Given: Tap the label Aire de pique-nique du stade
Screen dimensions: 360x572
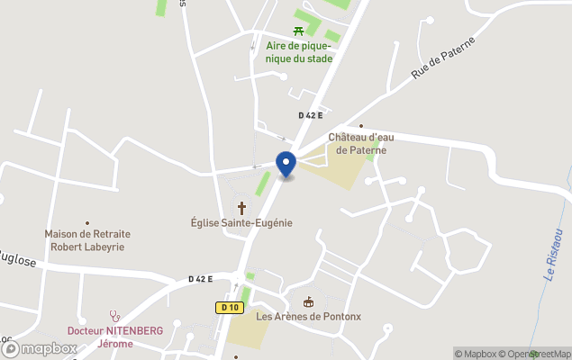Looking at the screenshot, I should (x=299, y=52).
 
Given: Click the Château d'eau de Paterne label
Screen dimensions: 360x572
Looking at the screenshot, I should (x=358, y=143).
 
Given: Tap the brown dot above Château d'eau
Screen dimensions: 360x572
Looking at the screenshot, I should (x=361, y=126).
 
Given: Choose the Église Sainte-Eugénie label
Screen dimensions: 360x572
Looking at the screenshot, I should (x=241, y=222).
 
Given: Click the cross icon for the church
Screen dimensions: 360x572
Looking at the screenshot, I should (x=241, y=208).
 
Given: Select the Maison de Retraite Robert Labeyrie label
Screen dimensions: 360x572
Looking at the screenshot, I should (x=87, y=239).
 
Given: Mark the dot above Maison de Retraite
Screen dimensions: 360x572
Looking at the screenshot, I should (x=87, y=222).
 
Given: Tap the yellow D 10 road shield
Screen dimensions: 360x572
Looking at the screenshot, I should (x=229, y=308).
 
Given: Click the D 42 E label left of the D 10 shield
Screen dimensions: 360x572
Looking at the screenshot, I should (x=200, y=279).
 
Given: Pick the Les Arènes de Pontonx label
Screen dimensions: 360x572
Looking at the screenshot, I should (x=308, y=316).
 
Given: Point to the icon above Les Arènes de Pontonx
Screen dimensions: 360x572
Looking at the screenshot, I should (x=308, y=302).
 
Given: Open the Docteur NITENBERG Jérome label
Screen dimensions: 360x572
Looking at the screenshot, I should (x=115, y=337).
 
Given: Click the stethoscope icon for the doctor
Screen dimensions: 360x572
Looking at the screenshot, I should (x=115, y=316).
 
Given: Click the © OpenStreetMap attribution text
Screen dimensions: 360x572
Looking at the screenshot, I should (x=535, y=354).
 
